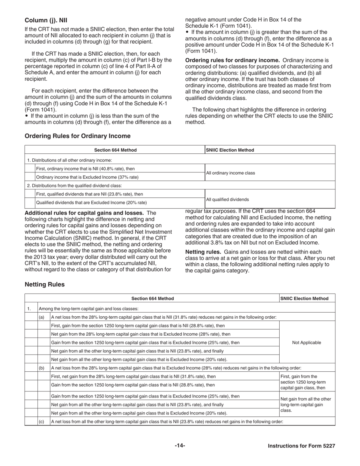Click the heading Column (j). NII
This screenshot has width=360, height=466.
tap(46, 20)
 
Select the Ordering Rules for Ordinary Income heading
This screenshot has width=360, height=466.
tap(77, 136)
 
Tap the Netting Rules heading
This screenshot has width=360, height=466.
tap(44, 284)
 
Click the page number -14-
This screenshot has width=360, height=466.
tap(180, 446)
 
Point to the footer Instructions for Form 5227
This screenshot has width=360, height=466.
tap(301, 446)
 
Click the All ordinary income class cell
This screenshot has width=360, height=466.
tap(230, 173)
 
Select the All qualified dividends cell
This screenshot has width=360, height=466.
tap(227, 200)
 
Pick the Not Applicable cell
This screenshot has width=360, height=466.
tap(307, 342)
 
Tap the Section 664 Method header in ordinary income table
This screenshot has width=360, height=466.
tap(115, 150)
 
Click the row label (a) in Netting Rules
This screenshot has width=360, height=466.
tap(41, 317)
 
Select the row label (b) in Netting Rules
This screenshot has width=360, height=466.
tap(41, 368)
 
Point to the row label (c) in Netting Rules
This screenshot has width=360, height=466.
tap(41, 421)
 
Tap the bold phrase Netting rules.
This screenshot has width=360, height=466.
tap(203, 252)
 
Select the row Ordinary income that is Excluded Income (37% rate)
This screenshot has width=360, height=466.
tap(87, 177)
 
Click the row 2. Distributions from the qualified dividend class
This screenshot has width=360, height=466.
tap(80, 186)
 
